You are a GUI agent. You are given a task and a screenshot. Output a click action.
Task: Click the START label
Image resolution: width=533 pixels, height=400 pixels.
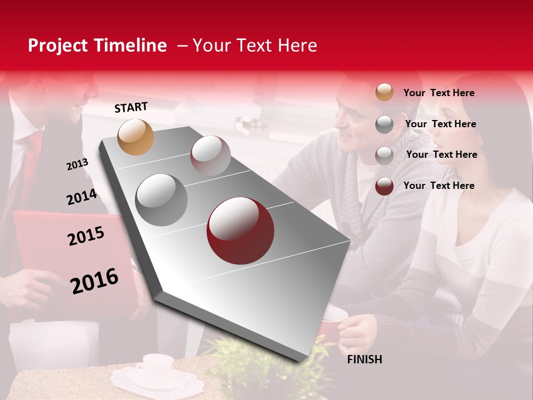(x=131, y=107)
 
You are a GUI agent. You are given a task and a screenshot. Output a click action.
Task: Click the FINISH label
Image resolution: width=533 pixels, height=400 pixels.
(x=364, y=359)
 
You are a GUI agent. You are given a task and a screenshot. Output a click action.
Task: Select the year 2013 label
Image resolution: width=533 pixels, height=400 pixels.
(x=77, y=164)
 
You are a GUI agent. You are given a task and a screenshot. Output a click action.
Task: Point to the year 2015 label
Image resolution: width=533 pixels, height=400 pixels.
(x=86, y=236)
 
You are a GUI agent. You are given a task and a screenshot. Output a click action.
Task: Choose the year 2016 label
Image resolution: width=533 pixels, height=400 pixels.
(x=94, y=281)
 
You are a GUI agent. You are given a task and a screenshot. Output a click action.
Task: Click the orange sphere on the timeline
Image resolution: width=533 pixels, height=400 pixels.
(x=136, y=137)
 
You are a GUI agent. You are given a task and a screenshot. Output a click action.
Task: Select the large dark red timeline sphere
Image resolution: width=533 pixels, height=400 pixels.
(x=240, y=231)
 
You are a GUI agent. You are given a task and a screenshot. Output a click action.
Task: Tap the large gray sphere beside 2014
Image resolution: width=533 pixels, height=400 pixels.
(x=162, y=200)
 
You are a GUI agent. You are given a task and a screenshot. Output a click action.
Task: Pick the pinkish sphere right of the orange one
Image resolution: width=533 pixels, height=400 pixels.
(x=210, y=156)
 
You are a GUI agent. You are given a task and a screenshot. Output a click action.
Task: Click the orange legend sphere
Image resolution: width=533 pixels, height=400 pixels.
(x=384, y=92)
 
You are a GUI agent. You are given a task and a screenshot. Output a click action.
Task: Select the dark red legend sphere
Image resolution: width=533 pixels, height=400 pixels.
(x=384, y=186)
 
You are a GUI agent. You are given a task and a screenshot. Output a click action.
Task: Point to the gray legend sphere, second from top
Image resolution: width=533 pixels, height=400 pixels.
(x=384, y=124)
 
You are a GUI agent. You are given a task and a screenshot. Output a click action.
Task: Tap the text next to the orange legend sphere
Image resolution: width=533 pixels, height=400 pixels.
(x=439, y=93)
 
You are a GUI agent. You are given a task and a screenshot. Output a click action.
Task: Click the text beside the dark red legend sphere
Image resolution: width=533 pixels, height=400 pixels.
(x=439, y=186)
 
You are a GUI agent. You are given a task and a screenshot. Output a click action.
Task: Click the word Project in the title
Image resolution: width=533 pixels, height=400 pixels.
(x=58, y=46)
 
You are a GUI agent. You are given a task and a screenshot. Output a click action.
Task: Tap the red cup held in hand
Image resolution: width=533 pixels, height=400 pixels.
(x=334, y=322)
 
